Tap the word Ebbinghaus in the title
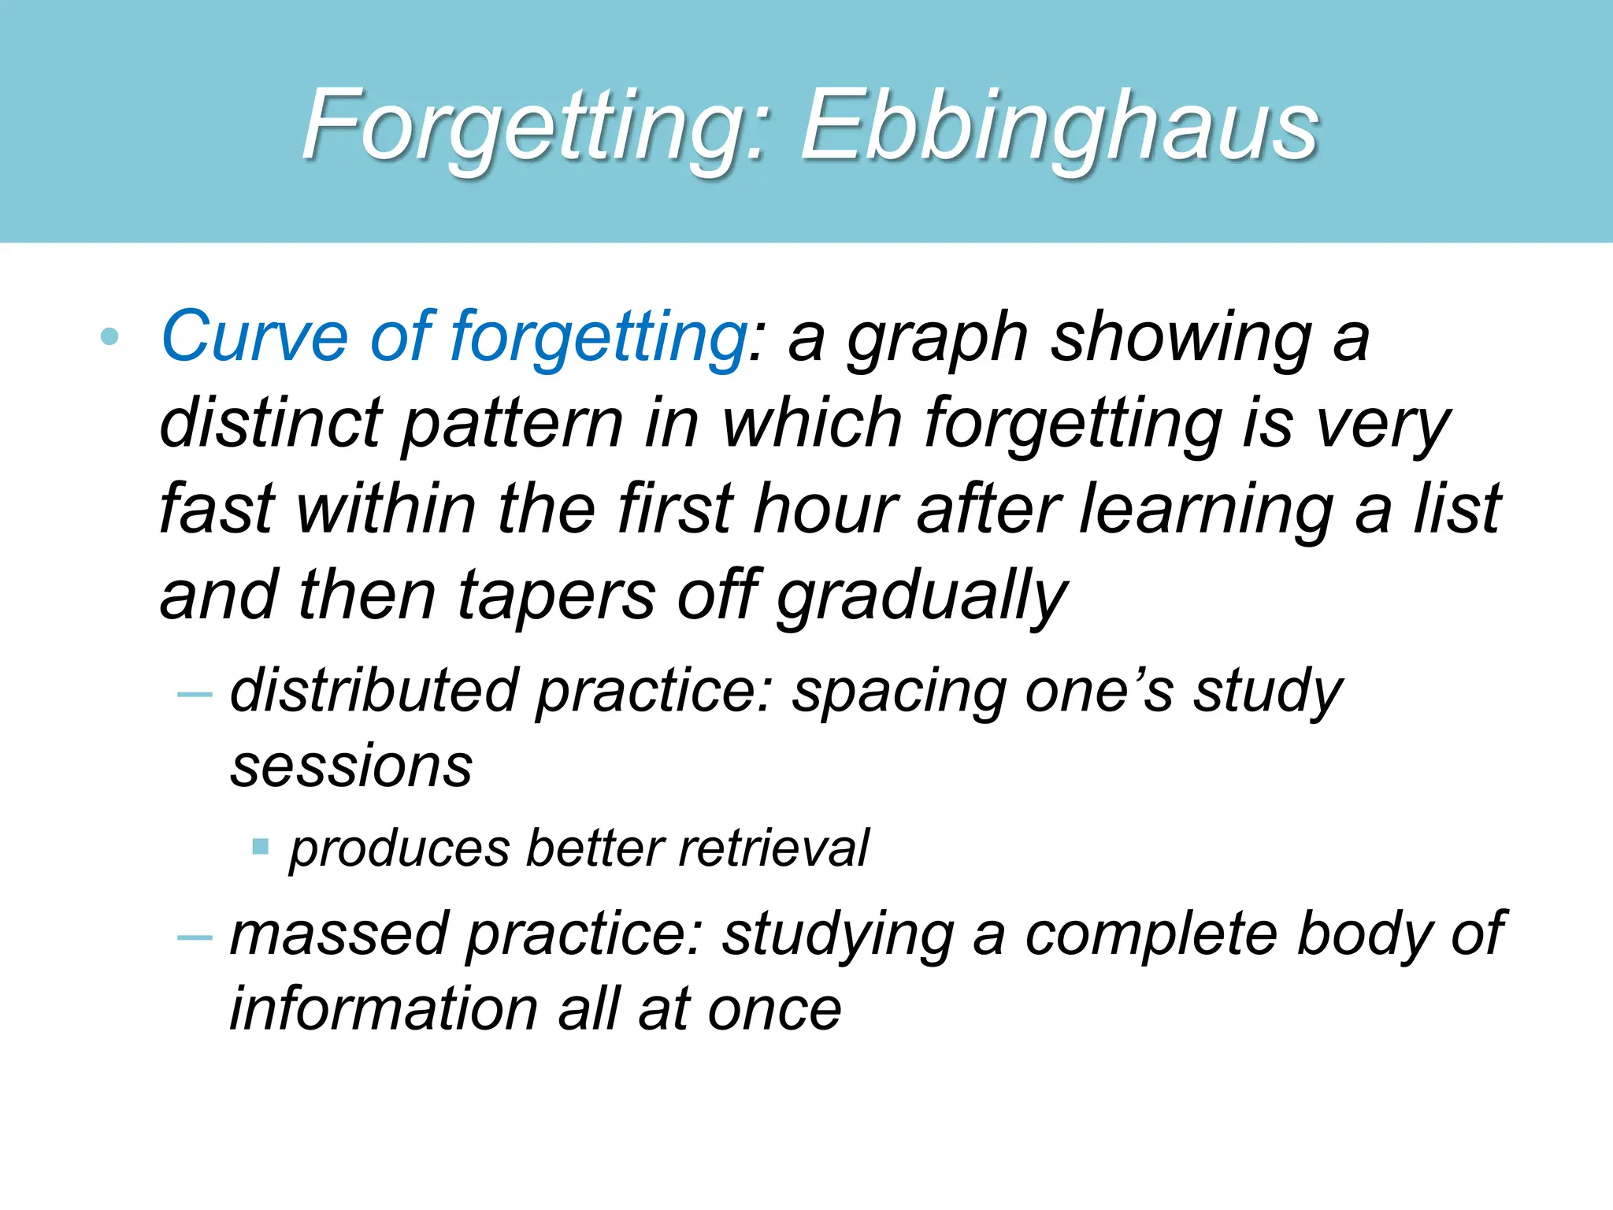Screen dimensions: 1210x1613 (x=1059, y=126)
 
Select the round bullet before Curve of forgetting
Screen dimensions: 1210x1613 (x=109, y=338)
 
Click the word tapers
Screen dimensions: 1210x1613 (x=556, y=597)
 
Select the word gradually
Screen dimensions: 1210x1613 (x=921, y=597)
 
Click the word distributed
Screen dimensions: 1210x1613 (x=374, y=691)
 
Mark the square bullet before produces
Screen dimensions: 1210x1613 (x=261, y=848)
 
